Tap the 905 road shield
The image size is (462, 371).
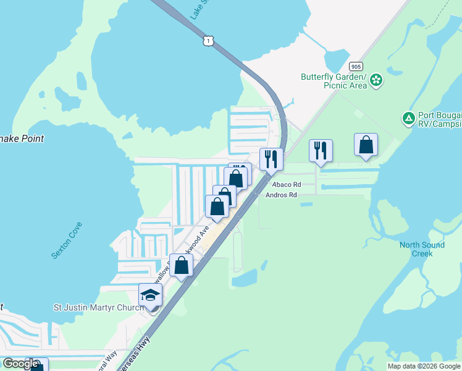tap(355, 66)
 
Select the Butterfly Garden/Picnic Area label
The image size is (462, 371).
tap(334, 81)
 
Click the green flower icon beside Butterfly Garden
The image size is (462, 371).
tap(376, 80)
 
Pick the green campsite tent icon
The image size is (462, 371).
tap(408, 118)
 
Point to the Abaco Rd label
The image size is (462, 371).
tap(282, 184)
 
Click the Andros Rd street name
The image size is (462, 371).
tap(281, 195)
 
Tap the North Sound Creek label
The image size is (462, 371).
tap(421, 249)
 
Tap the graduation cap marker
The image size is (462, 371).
tap(151, 296)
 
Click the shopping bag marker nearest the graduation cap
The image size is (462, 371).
tap(182, 266)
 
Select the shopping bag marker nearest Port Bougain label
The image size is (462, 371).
tap(366, 145)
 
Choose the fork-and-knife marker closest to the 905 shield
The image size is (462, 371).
tap(321, 151)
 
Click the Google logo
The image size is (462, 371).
tap(20, 364)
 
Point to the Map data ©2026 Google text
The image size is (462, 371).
tap(424, 366)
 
